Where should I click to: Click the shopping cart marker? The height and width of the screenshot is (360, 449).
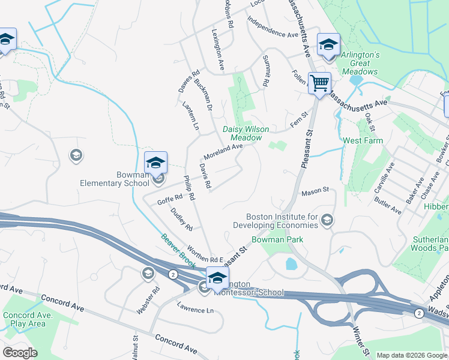319,83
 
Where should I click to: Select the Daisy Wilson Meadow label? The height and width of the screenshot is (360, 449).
246,133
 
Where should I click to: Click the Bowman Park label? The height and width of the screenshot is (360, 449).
277,239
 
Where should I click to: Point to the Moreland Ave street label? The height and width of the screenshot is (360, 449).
224,150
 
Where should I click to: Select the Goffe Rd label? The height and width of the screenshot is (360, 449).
170,198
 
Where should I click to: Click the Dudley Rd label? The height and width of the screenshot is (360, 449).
181,219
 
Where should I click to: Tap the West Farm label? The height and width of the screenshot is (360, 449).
363,140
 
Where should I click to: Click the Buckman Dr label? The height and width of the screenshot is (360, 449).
203,95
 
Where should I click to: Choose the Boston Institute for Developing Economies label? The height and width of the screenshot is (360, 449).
282,221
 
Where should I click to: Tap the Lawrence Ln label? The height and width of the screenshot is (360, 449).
195,310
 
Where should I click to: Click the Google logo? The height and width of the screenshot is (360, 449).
20,353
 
